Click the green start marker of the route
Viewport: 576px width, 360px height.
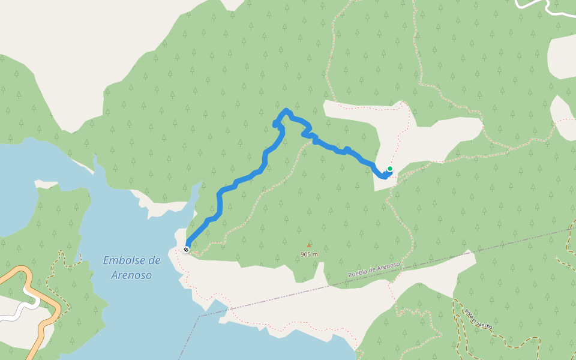pos(389,169)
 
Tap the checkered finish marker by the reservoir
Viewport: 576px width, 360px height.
pos(187,249)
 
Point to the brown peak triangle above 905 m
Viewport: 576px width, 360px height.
pos(309,245)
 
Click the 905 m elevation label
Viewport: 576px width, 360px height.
pos(309,254)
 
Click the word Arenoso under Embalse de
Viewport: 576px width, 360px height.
pos(131,275)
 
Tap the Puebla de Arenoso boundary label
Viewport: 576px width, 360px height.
pos(374,269)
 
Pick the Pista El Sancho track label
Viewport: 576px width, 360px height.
pos(478,318)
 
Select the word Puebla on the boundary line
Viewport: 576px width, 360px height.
pos(358,274)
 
